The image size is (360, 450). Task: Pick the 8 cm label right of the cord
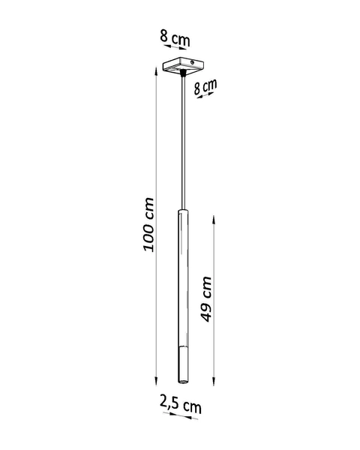[205, 86]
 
